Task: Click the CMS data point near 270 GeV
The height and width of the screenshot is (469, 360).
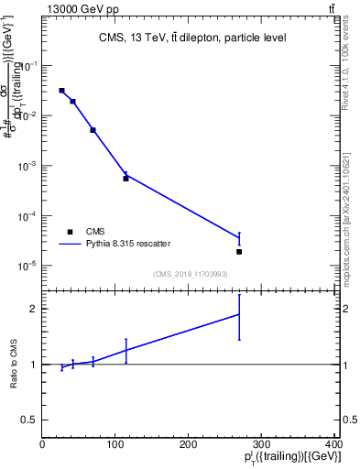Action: coord(239,251)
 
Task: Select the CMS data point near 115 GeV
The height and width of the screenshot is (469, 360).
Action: coord(125,179)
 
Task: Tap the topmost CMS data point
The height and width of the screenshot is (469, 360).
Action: coord(61,91)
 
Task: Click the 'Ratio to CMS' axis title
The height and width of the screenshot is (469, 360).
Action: coord(13,364)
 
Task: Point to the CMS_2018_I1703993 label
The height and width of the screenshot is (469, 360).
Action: coord(190,274)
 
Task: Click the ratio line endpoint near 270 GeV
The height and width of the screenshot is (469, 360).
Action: coord(239,314)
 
